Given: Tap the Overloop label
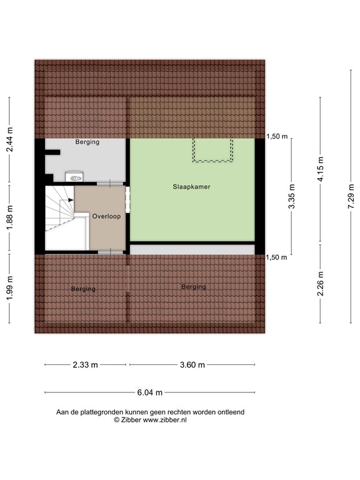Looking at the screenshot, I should click(x=106, y=216).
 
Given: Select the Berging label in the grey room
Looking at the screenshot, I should click(x=87, y=142).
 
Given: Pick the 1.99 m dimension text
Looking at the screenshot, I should click(x=9, y=289).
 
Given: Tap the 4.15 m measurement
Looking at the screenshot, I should click(x=321, y=168).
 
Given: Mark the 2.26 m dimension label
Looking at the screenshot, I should click(x=321, y=284).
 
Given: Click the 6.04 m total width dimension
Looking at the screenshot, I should click(x=150, y=392).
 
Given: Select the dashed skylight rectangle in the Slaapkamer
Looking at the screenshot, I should click(x=212, y=151).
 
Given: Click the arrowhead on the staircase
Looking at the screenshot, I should click(x=71, y=200).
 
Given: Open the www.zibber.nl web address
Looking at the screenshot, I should click(x=164, y=421).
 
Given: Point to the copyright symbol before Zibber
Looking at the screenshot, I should click(x=116, y=421).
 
